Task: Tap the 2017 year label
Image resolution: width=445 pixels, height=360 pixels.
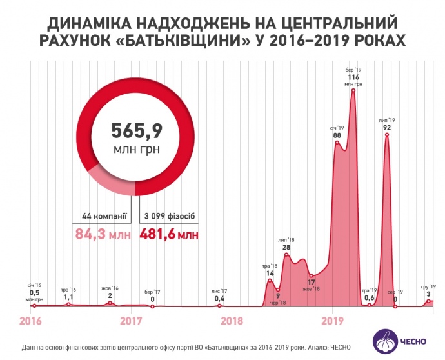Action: pyautogui.click(x=131, y=319)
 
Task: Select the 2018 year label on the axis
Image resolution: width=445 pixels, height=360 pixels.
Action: pyautogui.click(x=232, y=319)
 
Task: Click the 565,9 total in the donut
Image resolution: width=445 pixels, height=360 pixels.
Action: pyautogui.click(x=136, y=132)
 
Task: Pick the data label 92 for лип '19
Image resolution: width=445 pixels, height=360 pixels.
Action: pyautogui.click(x=387, y=128)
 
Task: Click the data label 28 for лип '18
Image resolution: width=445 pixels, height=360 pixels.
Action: pyautogui.click(x=286, y=247)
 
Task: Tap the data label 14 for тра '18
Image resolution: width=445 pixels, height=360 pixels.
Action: pyautogui.click(x=270, y=274)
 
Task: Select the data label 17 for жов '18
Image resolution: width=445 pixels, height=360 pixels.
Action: pyautogui.click(x=311, y=282)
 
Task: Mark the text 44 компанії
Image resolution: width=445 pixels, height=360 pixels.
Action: pyautogui.click(x=104, y=215)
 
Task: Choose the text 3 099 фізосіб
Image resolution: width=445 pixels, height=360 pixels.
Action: pyautogui.click(x=166, y=215)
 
